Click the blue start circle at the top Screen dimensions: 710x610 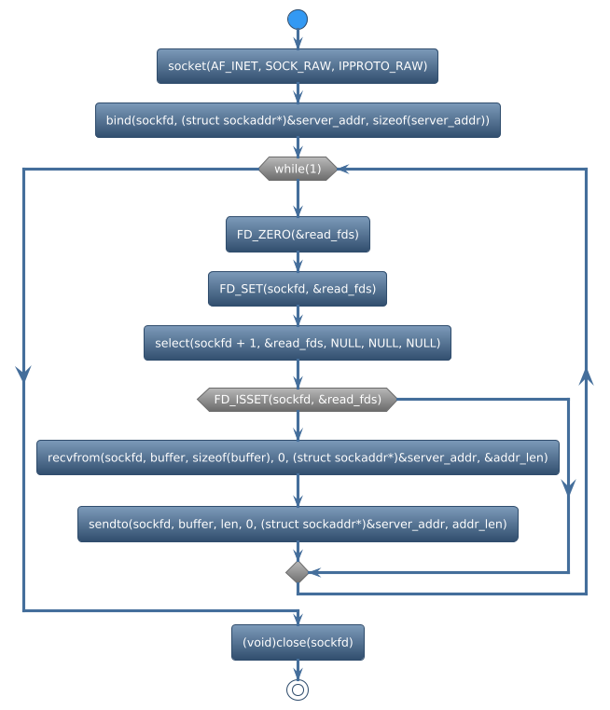click(298, 20)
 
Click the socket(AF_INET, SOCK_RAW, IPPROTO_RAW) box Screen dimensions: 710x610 click(298, 66)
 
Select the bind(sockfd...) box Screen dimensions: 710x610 click(298, 120)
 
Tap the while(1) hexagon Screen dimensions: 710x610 click(298, 169)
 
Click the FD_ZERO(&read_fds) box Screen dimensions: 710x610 click(298, 234)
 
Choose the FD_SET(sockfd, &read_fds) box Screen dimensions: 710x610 click(298, 289)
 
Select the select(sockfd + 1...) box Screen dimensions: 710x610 click(298, 343)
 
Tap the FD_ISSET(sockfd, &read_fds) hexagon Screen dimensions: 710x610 click(298, 399)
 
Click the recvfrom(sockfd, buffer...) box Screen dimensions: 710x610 click(298, 457)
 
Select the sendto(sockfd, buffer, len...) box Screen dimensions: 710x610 click(298, 525)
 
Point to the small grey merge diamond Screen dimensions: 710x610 click(298, 570)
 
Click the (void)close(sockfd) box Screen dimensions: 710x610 click(298, 643)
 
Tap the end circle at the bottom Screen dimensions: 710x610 click(298, 690)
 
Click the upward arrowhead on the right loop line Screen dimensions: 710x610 click(587, 375)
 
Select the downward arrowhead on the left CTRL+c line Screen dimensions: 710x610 click(23, 371)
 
